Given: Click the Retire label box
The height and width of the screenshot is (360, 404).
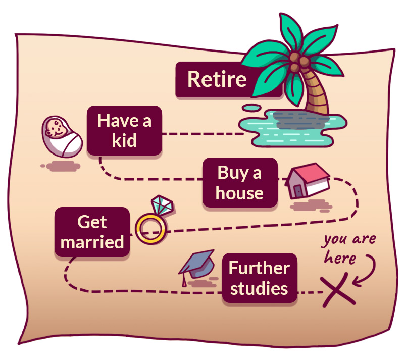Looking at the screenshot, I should pos(217,79).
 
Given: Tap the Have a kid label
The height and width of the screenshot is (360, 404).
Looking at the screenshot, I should pos(124,130).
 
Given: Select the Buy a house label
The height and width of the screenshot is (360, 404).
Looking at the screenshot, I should pos(240,182).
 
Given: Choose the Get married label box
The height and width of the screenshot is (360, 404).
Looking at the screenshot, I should pos(92,232).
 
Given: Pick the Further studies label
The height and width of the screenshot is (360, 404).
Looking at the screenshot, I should pos(259,278).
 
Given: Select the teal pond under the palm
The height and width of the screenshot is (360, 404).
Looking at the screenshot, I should pos(283,126).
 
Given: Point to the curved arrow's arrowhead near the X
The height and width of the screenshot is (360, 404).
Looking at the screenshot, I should pos(361,277).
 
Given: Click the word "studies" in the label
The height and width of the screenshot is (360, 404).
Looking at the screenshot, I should pos(259,289).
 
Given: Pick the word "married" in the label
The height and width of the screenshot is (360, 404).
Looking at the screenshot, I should pos(92,241).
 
